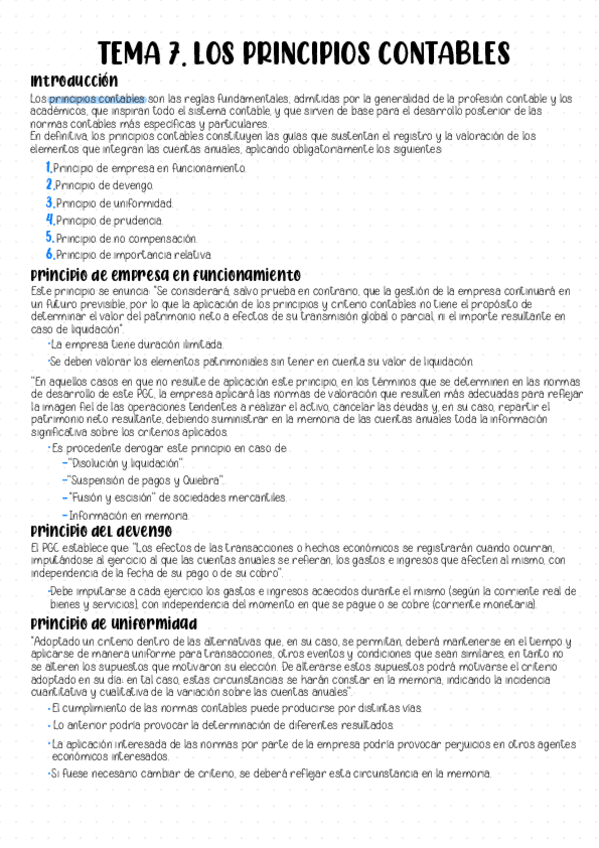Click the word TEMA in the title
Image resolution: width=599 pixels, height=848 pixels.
pyautogui.click(x=133, y=53)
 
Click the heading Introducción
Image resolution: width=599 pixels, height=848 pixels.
pyautogui.click(x=74, y=80)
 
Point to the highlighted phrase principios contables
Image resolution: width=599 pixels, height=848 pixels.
pyautogui.click(x=96, y=99)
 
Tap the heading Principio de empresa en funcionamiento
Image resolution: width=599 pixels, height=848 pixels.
pyautogui.click(x=165, y=274)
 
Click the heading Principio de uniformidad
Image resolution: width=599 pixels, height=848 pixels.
pyautogui.click(x=113, y=623)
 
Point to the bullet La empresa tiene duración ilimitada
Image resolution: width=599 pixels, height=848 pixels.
pyautogui.click(x=123, y=344)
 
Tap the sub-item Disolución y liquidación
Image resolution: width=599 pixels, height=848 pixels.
pyautogui.click(x=127, y=464)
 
